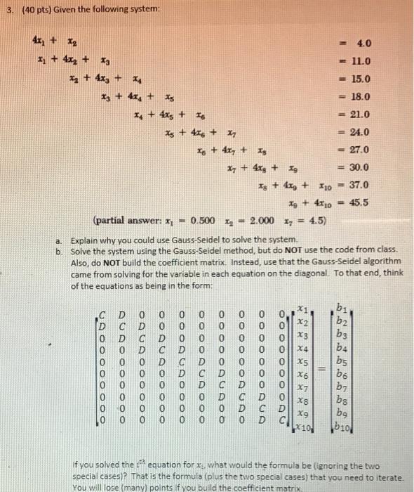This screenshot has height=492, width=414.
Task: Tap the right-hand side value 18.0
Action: tap(366, 97)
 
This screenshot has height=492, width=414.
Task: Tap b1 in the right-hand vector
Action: tap(343, 306)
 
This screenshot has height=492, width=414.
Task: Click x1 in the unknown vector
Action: tap(303, 307)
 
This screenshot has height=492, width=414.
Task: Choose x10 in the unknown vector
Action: tap(305, 427)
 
